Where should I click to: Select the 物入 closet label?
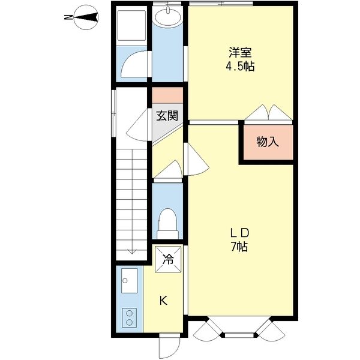pos(268,142)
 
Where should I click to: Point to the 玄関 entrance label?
pos(167,116)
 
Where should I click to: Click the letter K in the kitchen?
pos(163,301)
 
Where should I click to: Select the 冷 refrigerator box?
pos(168,260)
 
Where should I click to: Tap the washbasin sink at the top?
pos(166,18)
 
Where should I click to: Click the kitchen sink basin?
pos(129,280)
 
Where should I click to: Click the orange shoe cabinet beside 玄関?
pos(167,95)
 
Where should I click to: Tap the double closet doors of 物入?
pos(267,112)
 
